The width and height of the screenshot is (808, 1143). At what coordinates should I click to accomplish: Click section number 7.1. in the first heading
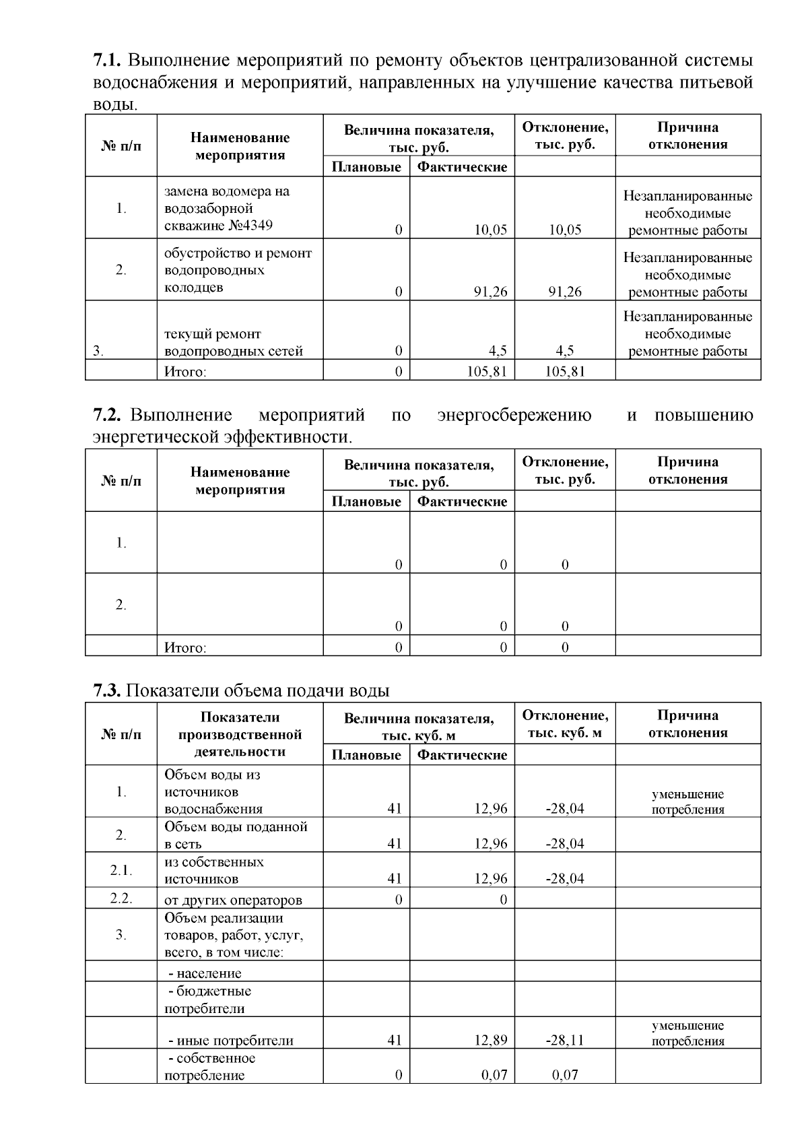coord(106,61)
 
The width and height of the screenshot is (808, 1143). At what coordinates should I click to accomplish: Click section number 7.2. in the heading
coord(106,415)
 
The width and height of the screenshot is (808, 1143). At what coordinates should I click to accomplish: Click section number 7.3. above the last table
coord(106,690)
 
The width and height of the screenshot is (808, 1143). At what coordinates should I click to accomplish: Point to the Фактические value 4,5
coord(498,350)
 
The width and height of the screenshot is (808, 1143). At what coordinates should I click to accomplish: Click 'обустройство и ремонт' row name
coord(238,253)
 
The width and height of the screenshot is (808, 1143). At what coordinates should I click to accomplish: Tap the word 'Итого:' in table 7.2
coord(185,647)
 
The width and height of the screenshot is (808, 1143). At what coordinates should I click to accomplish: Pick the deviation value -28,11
coord(564,1040)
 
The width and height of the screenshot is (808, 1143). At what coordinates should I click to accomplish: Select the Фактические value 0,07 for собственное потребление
coord(494,1075)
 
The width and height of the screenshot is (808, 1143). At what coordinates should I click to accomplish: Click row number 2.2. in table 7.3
coord(121,899)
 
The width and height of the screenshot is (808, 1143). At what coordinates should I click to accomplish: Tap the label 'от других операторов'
coord(233,900)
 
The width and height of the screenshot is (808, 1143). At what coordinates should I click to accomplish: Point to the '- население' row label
coord(204,973)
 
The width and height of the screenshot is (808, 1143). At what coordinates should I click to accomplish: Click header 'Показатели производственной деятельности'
coord(240,734)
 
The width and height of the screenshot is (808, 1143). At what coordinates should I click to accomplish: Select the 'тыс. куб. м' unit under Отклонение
coord(564,733)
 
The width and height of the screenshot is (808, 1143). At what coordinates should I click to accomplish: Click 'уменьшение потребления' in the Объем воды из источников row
coord(687,802)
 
